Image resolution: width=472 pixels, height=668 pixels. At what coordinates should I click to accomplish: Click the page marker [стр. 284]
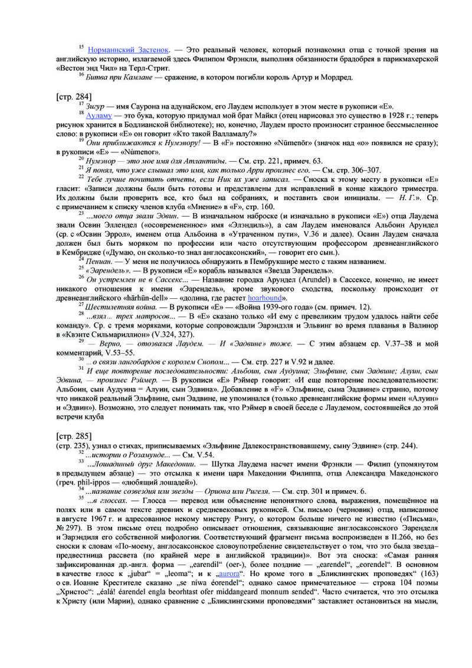point(73,95)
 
